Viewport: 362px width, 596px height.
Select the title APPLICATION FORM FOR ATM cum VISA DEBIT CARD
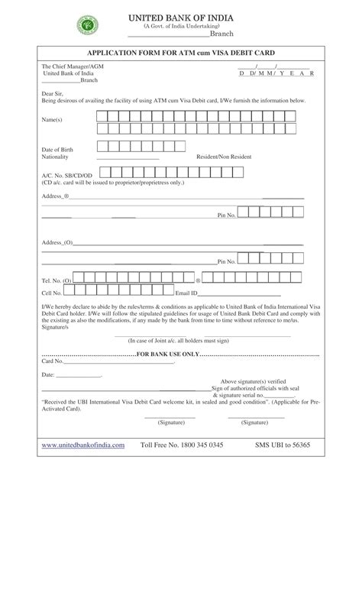pos(180,53)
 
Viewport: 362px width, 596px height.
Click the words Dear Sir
pos(52,93)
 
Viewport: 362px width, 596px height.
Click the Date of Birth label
pos(57,149)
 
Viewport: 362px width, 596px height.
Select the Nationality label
pos(55,157)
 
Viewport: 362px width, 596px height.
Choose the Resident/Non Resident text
pos(223,157)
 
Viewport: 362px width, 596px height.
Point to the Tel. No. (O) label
pos(57,281)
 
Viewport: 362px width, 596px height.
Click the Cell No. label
pos(52,293)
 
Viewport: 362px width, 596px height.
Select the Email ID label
pos(187,293)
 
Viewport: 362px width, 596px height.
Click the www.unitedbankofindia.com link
pos(82,444)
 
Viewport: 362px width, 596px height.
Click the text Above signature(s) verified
pos(254,381)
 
